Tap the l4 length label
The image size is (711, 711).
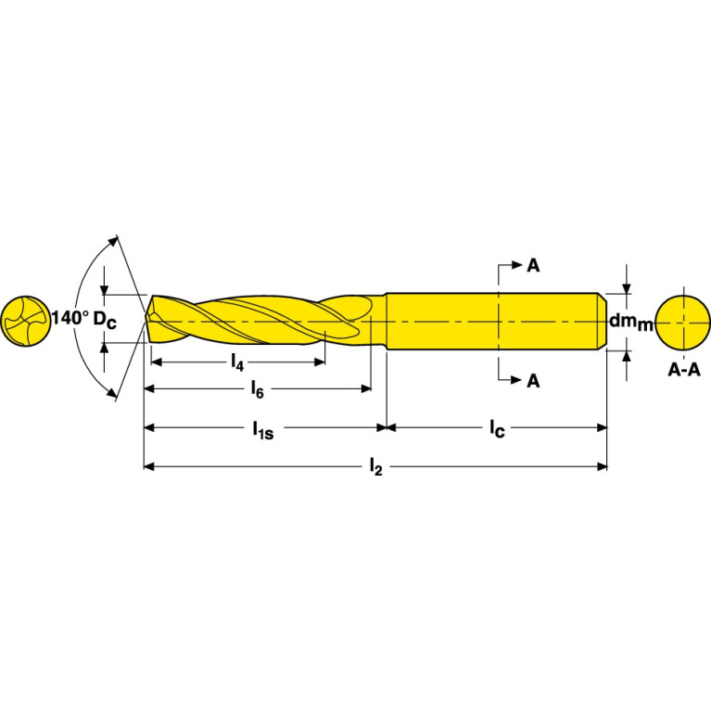pyautogui.click(x=237, y=361)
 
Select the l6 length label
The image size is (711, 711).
pyautogui.click(x=258, y=390)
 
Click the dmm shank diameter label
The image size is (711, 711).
pyautogui.click(x=631, y=321)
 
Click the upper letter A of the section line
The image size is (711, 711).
pyautogui.click(x=533, y=266)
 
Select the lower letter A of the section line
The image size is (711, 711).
pyautogui.click(x=533, y=380)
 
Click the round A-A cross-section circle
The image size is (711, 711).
pyautogui.click(x=683, y=322)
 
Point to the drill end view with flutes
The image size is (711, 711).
pyautogui.click(x=26, y=322)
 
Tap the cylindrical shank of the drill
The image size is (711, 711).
pyautogui.click(x=491, y=322)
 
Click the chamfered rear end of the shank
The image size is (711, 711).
pyautogui.click(x=602, y=322)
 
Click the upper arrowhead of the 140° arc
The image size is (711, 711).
pyautogui.click(x=116, y=240)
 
